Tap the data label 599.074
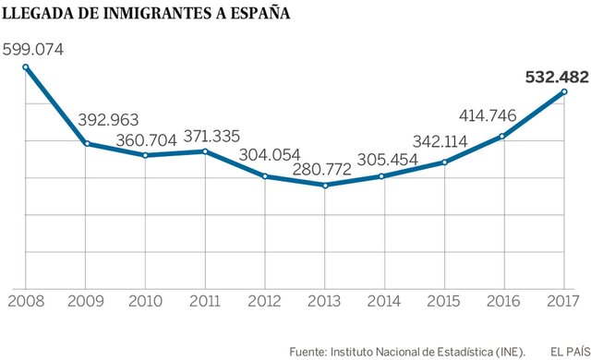click(41, 48)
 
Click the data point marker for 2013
click(324, 185)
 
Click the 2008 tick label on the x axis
click(25, 302)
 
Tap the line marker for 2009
click(85, 143)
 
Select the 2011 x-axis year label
click(204, 302)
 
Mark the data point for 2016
click(503, 137)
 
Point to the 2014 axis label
click(384, 302)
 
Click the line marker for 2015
click(444, 162)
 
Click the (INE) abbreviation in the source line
click(507, 350)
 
